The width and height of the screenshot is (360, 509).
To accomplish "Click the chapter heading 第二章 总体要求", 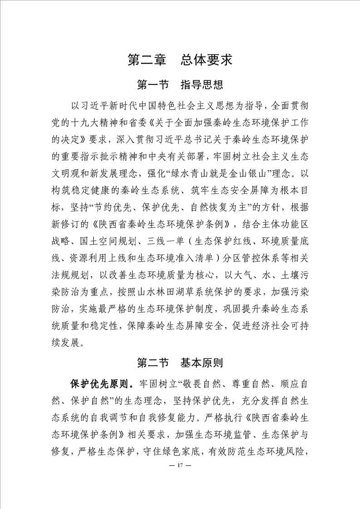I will pos(180,60).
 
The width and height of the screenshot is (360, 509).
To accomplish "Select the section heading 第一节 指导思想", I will pos(180,85).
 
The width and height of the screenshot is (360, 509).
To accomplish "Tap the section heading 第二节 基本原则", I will pos(180,363).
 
